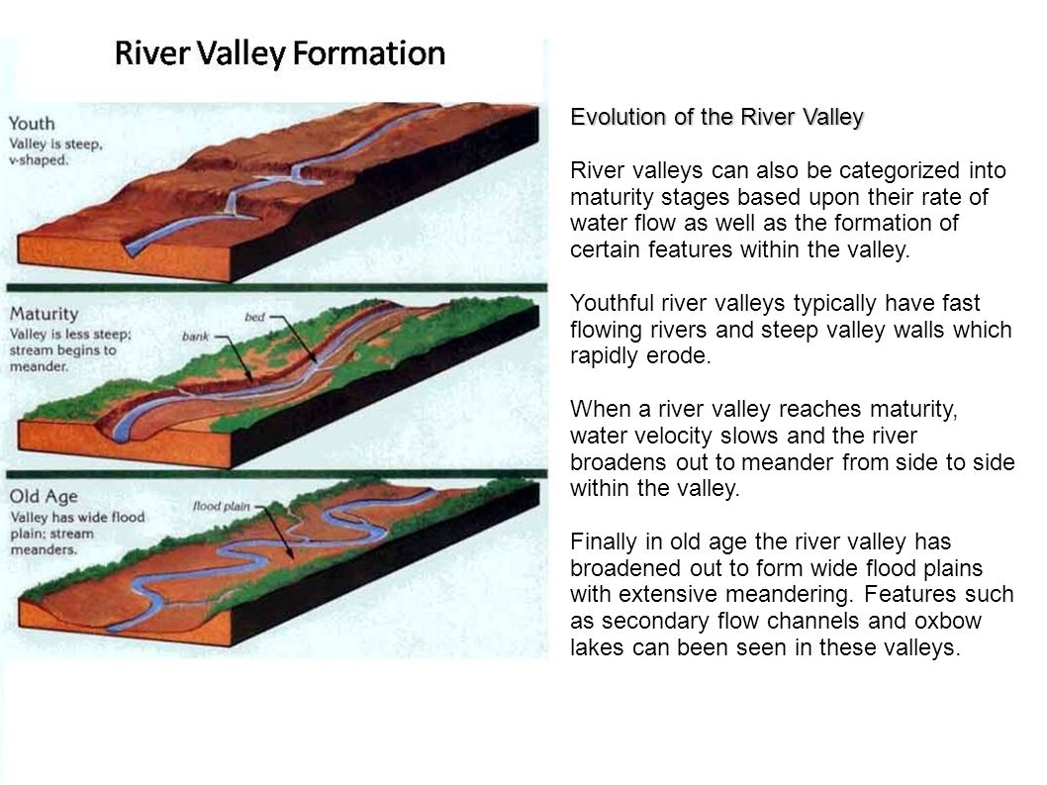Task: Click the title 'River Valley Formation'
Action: (x=280, y=53)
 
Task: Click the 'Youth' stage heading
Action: (x=32, y=124)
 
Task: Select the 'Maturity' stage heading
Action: (x=44, y=314)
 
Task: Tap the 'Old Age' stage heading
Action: (x=44, y=496)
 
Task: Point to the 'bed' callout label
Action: (x=254, y=317)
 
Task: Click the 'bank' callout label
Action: (x=196, y=336)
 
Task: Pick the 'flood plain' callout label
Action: (x=221, y=507)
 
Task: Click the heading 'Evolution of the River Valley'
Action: (x=716, y=117)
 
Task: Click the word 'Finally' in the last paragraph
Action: (x=605, y=541)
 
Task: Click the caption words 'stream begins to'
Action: (x=62, y=350)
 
